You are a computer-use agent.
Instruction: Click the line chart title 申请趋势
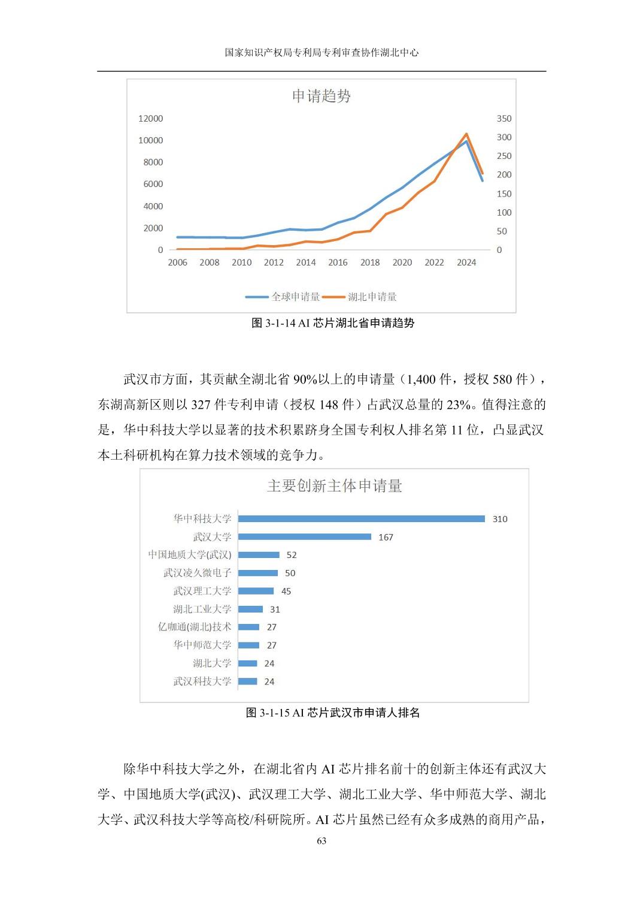point(321,96)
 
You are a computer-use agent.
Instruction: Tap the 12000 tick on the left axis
point(150,119)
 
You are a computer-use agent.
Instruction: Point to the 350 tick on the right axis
point(504,119)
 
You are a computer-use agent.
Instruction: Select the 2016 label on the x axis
point(338,263)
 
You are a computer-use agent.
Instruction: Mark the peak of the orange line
point(466,134)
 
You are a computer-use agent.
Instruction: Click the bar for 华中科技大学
point(361,519)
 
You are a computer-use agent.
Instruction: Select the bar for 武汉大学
point(304,537)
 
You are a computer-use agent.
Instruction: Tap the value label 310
point(500,519)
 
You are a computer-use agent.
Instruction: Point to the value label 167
point(386,537)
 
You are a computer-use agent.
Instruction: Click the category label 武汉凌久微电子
point(197,573)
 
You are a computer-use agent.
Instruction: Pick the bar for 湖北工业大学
point(250,609)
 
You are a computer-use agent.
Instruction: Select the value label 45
point(286,591)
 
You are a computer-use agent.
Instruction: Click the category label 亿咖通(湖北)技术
point(195,627)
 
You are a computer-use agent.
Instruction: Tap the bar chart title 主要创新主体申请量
point(334,485)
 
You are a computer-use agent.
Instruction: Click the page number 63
point(321,841)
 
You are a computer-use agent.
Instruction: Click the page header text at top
point(321,53)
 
